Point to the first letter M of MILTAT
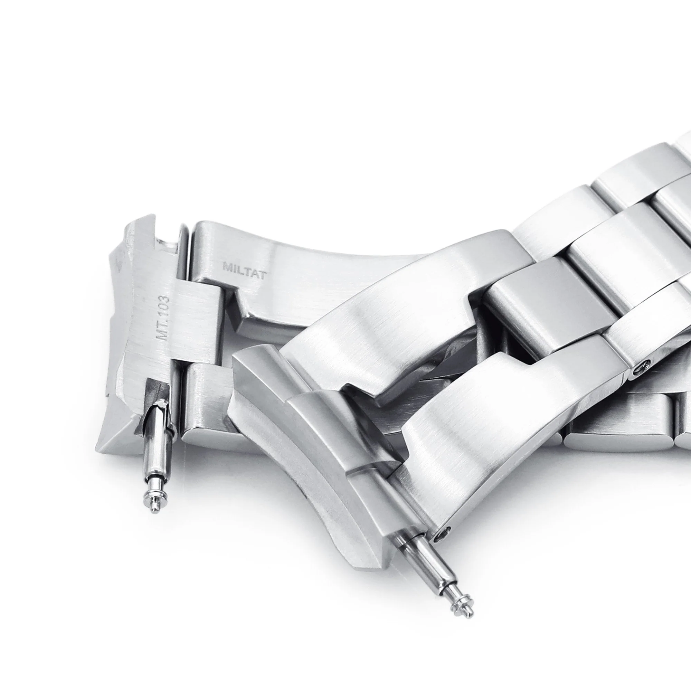click(x=227, y=267)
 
